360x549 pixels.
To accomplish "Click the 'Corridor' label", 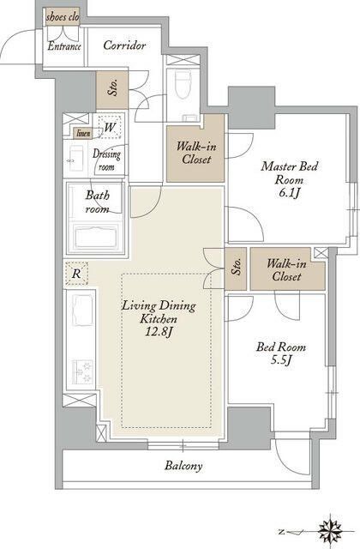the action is pyautogui.click(x=124, y=45).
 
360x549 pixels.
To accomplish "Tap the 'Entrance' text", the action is pyautogui.click(x=64, y=46).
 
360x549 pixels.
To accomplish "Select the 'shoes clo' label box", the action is pyautogui.click(x=63, y=17).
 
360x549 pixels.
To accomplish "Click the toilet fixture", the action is pyautogui.click(x=183, y=84).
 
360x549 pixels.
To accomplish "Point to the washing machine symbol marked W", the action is pyautogui.click(x=110, y=126).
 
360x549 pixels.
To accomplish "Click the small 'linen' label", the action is pyautogui.click(x=83, y=133).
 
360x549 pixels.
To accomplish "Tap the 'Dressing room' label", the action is pyautogui.click(x=106, y=160).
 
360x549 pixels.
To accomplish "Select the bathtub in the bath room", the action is pyautogui.click(x=96, y=237).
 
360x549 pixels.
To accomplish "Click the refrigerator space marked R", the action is pyautogui.click(x=76, y=273).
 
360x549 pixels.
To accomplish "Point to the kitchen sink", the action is pyautogui.click(x=82, y=311).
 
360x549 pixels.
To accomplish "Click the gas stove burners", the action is pyautogui.click(x=82, y=371).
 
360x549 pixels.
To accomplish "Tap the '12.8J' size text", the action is pyautogui.click(x=159, y=332).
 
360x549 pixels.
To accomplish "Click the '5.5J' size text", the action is pyautogui.click(x=281, y=359).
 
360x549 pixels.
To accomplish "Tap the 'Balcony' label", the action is pyautogui.click(x=183, y=466).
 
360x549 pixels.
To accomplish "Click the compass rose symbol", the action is pyautogui.click(x=331, y=530).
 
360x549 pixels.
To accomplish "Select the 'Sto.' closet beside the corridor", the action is pyautogui.click(x=112, y=90).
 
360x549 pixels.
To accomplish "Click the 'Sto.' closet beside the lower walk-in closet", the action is pyautogui.click(x=236, y=268).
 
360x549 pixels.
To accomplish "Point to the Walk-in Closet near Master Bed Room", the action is pyautogui.click(x=195, y=154).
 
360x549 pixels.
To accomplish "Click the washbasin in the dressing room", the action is pyautogui.click(x=77, y=159).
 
